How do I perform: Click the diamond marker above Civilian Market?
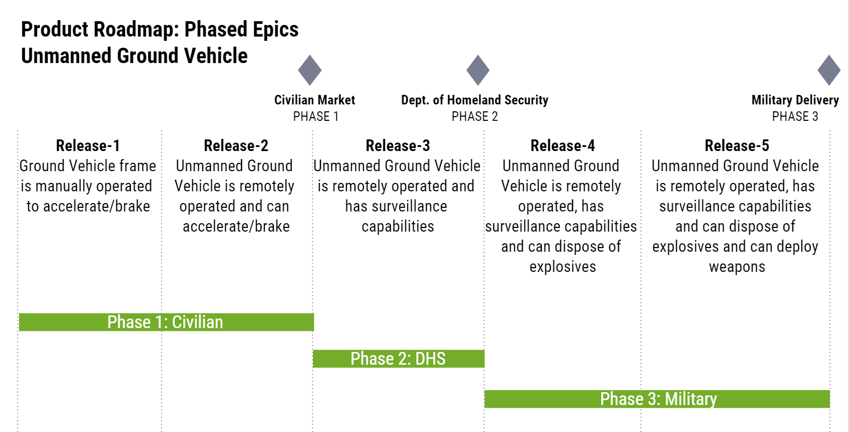310,70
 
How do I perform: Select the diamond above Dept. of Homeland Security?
478,70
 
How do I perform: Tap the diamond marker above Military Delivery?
829,70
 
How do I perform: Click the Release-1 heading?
88,146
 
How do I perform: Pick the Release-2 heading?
236,146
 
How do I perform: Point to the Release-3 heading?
398,146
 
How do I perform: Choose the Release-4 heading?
562,146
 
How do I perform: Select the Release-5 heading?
737,146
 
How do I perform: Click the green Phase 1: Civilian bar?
166,322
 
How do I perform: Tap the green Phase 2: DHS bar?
399,358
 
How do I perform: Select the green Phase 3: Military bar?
657,399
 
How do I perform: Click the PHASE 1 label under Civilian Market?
316,117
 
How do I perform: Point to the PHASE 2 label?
475,117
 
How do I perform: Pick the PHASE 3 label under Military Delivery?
795,117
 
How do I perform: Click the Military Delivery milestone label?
795,100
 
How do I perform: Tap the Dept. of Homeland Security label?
475,100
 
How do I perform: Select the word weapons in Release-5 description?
737,267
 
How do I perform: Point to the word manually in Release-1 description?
63,187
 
